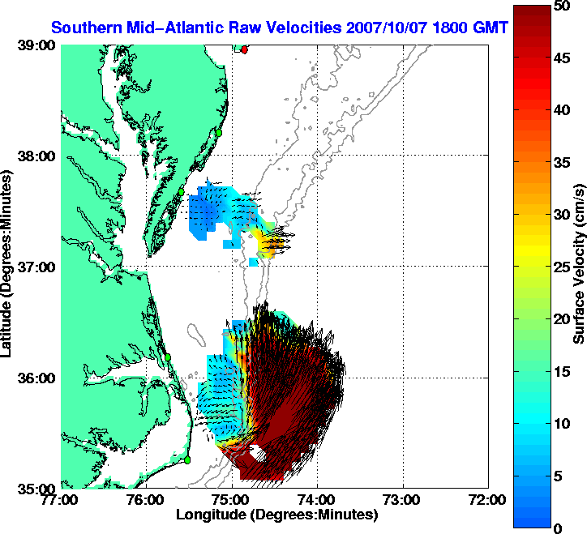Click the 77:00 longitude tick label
coord(62,500)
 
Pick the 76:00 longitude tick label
coord(146,500)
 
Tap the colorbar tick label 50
coord(559,6)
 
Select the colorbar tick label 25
coord(559,267)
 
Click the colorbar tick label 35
coord(559,163)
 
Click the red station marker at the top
coord(245,49)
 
